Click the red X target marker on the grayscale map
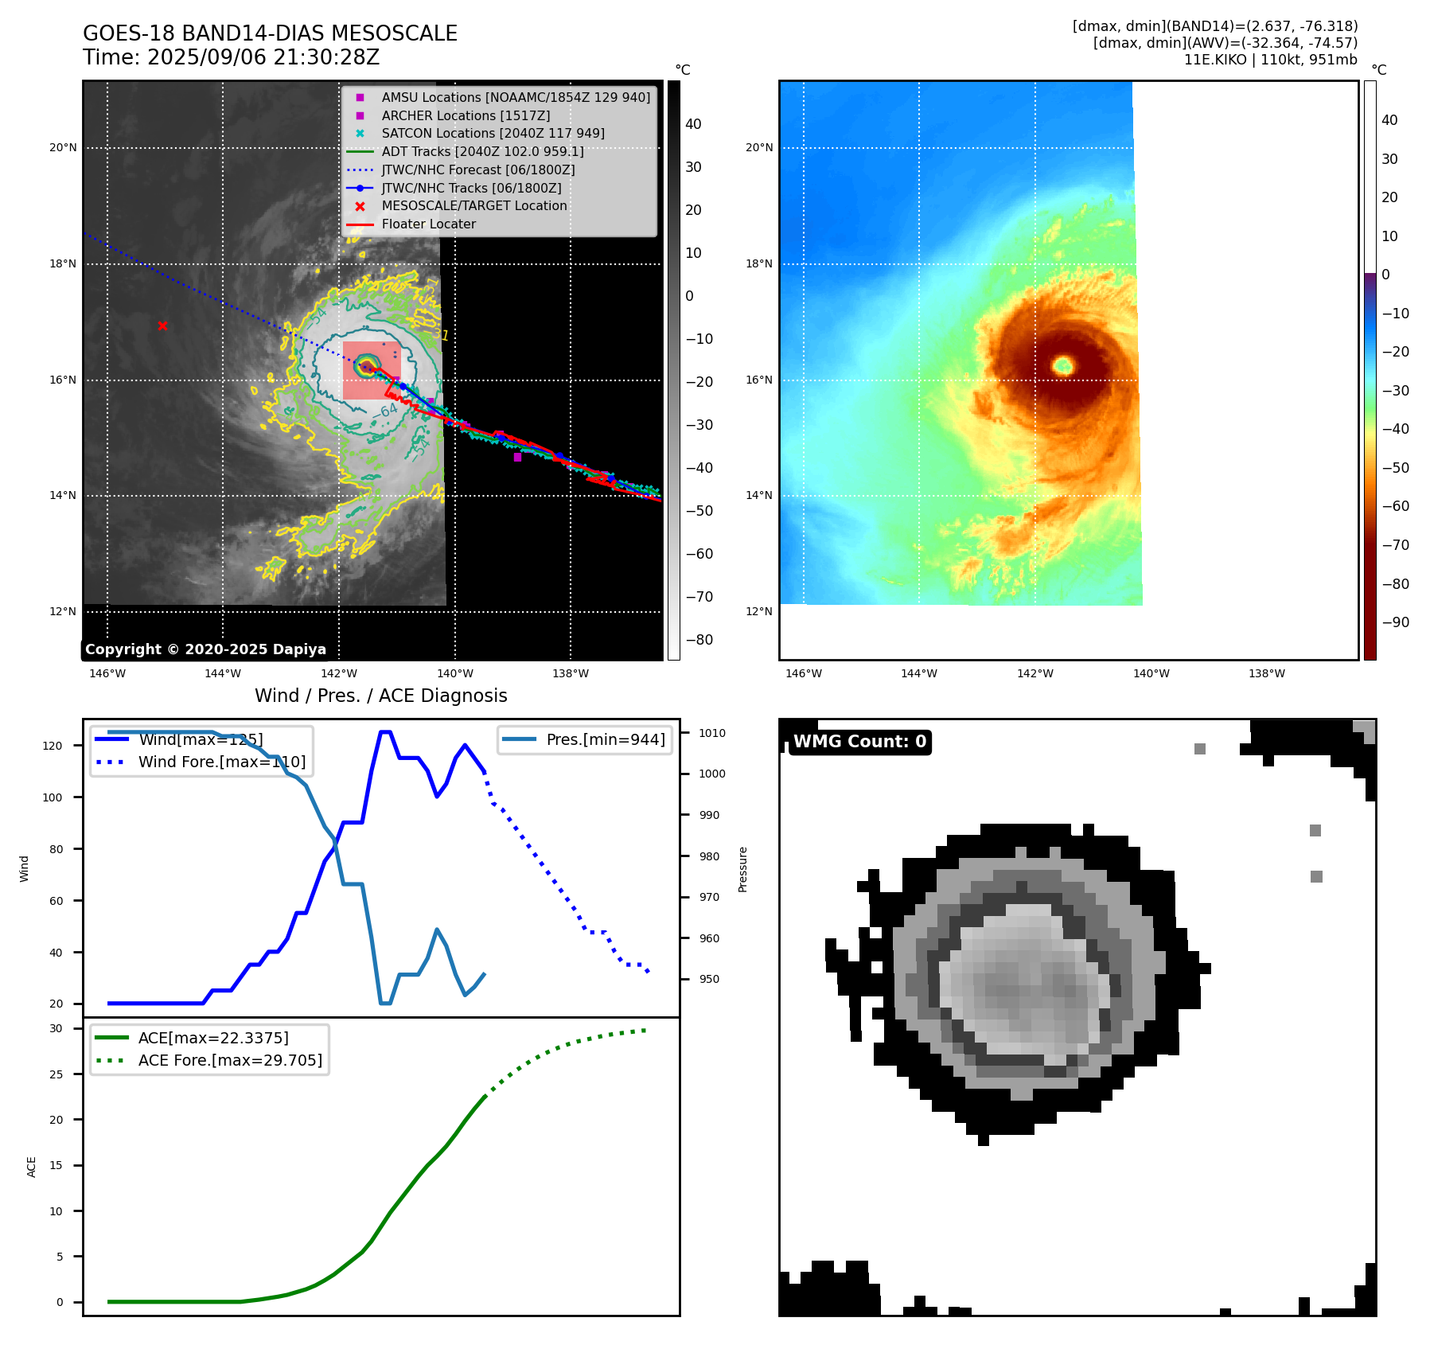[162, 326]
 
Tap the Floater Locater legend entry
[428, 224]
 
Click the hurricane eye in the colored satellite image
[1063, 366]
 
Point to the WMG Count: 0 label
[859, 742]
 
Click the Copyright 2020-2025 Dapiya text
[205, 649]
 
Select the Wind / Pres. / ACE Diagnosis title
[380, 696]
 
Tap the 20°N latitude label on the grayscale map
[64, 147]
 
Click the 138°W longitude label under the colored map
[1266, 673]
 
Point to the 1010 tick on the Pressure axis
[712, 733]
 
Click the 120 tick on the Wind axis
[53, 746]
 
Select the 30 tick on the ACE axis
[56, 1028]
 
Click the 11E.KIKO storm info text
[1270, 60]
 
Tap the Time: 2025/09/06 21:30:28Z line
[231, 58]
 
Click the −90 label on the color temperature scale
[1395, 622]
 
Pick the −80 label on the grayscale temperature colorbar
[699, 640]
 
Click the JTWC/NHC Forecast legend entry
[477, 170]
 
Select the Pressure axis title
[742, 869]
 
